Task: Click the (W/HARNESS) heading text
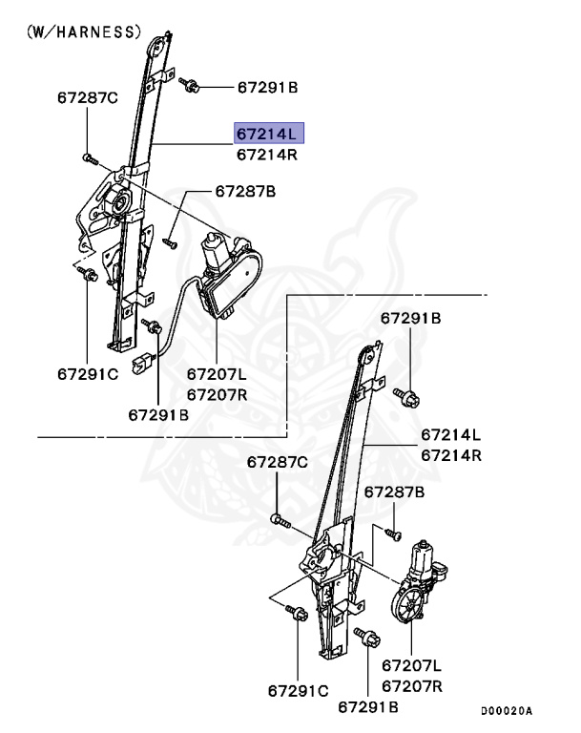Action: [83, 31]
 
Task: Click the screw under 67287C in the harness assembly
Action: [88, 157]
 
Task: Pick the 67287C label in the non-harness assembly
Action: [277, 462]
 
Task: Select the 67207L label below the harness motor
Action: [216, 375]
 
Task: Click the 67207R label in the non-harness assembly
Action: [412, 685]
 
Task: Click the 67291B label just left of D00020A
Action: [367, 707]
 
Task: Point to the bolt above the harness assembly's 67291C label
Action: [87, 275]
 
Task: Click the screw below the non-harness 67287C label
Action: [277, 521]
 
